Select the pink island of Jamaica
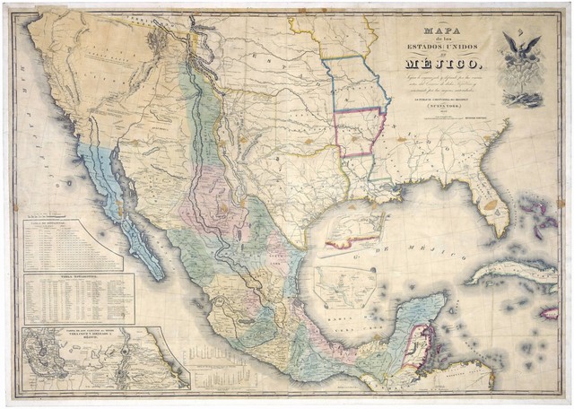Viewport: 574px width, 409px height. [550, 311]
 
